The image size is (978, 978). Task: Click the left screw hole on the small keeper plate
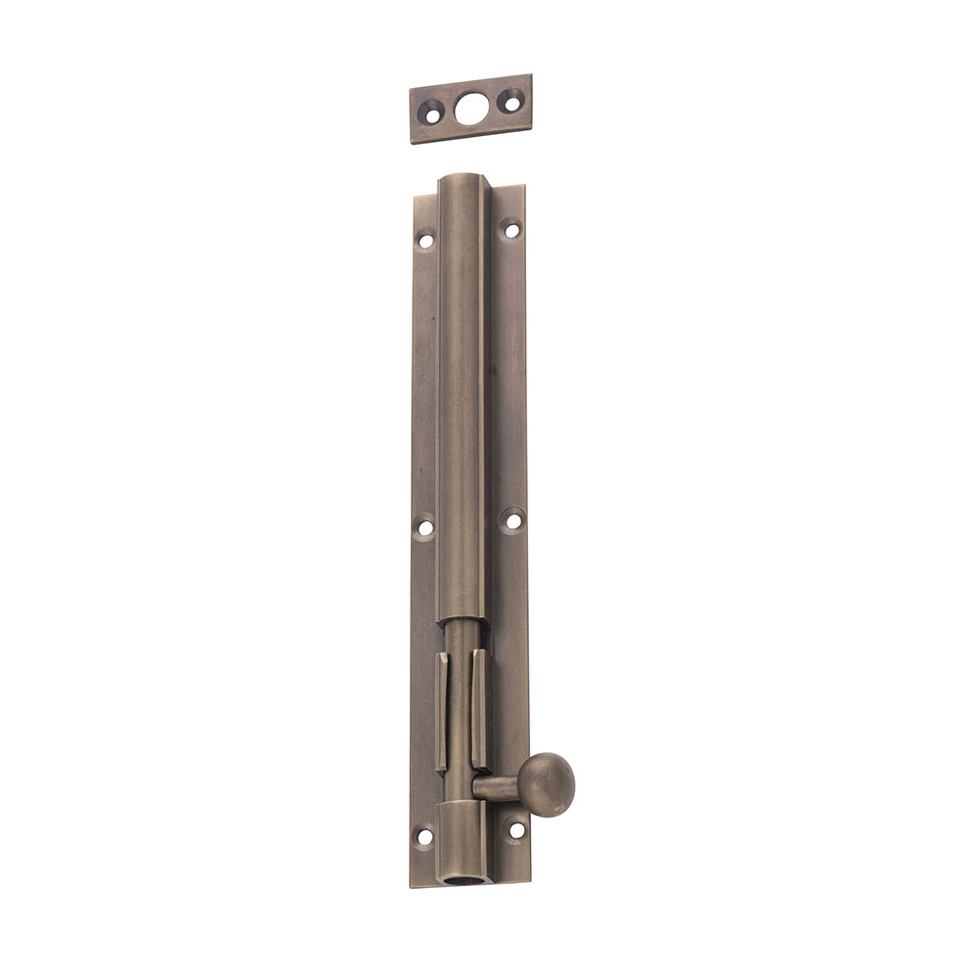point(431,115)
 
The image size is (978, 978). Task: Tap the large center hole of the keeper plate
point(470,108)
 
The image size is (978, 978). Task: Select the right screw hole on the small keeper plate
point(509,100)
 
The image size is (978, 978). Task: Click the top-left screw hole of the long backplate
point(425,240)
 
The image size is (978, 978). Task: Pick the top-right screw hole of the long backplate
point(511,230)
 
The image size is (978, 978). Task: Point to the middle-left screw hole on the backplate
point(425,528)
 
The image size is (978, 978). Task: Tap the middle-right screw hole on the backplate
point(511,520)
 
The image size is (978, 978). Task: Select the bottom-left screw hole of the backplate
point(424,837)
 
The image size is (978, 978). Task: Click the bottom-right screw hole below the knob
point(515,830)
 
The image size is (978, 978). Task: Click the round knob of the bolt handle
point(546,784)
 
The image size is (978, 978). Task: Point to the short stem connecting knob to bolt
point(497,785)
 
